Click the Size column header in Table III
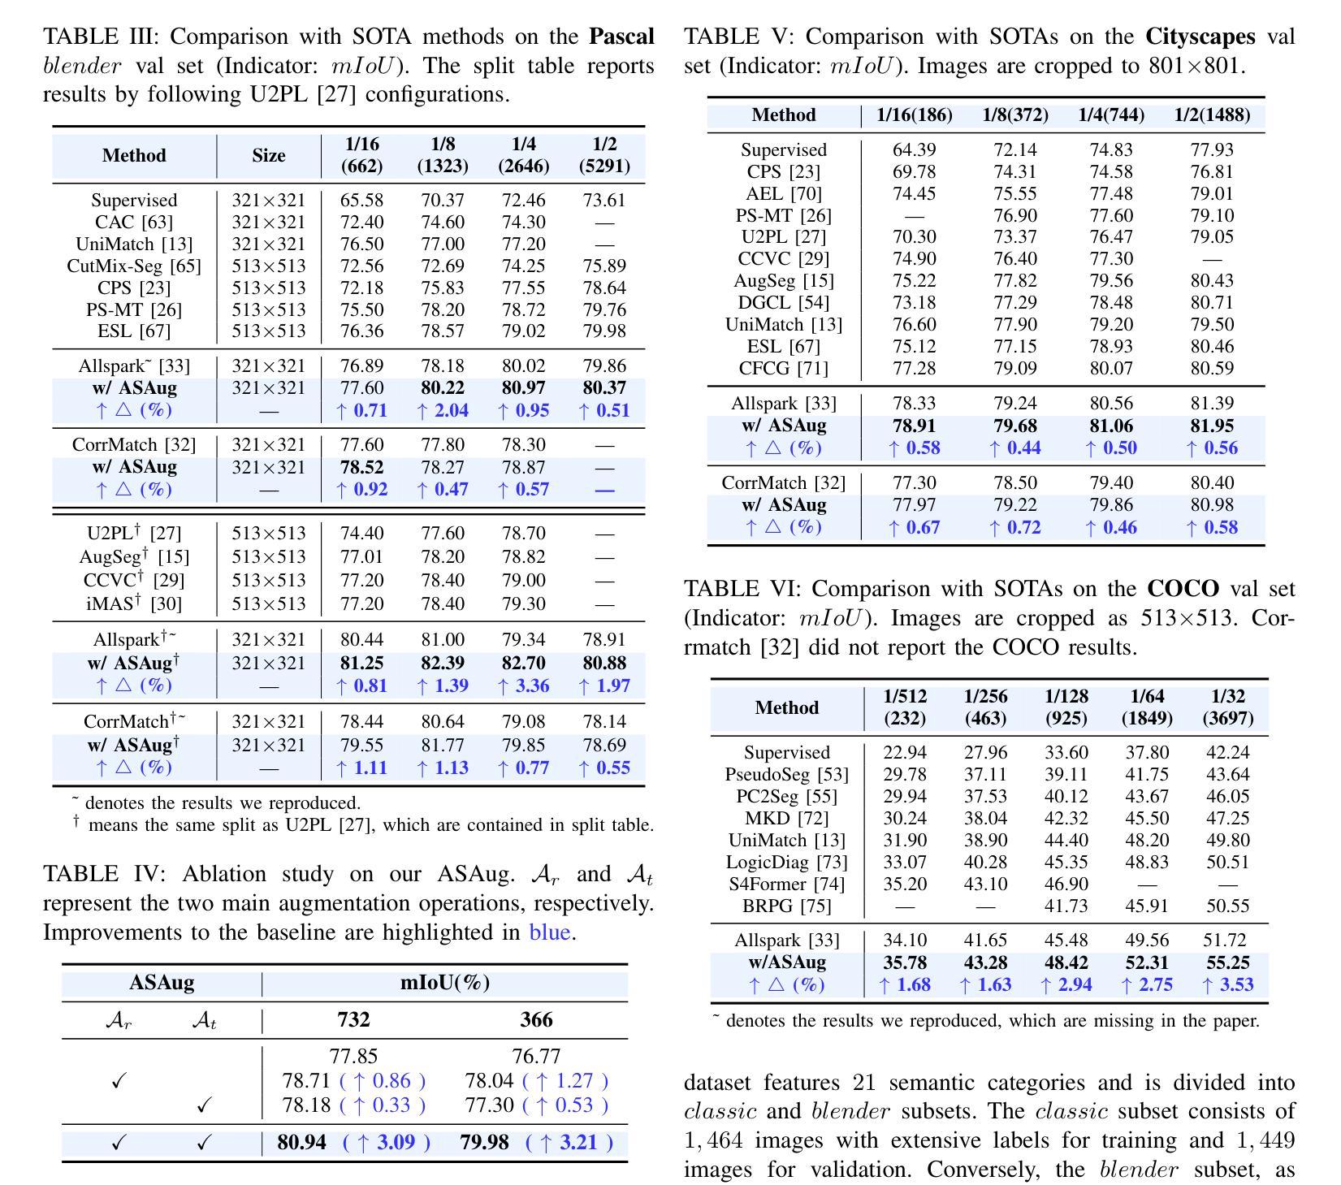(268, 155)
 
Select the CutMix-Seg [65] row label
(134, 266)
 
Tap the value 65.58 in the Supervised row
(361, 200)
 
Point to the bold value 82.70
(523, 663)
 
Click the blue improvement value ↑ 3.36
(523, 685)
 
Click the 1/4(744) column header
(1111, 115)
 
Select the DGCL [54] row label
(784, 302)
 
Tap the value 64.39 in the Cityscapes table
(914, 149)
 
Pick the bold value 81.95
(1212, 426)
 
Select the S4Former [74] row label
(787, 884)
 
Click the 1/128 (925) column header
(1066, 707)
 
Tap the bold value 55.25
(1227, 962)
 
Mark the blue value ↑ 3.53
(1227, 984)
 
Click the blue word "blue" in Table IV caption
(550, 932)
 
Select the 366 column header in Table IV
(536, 1019)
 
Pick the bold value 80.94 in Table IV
(301, 1142)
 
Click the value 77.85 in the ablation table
(353, 1056)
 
